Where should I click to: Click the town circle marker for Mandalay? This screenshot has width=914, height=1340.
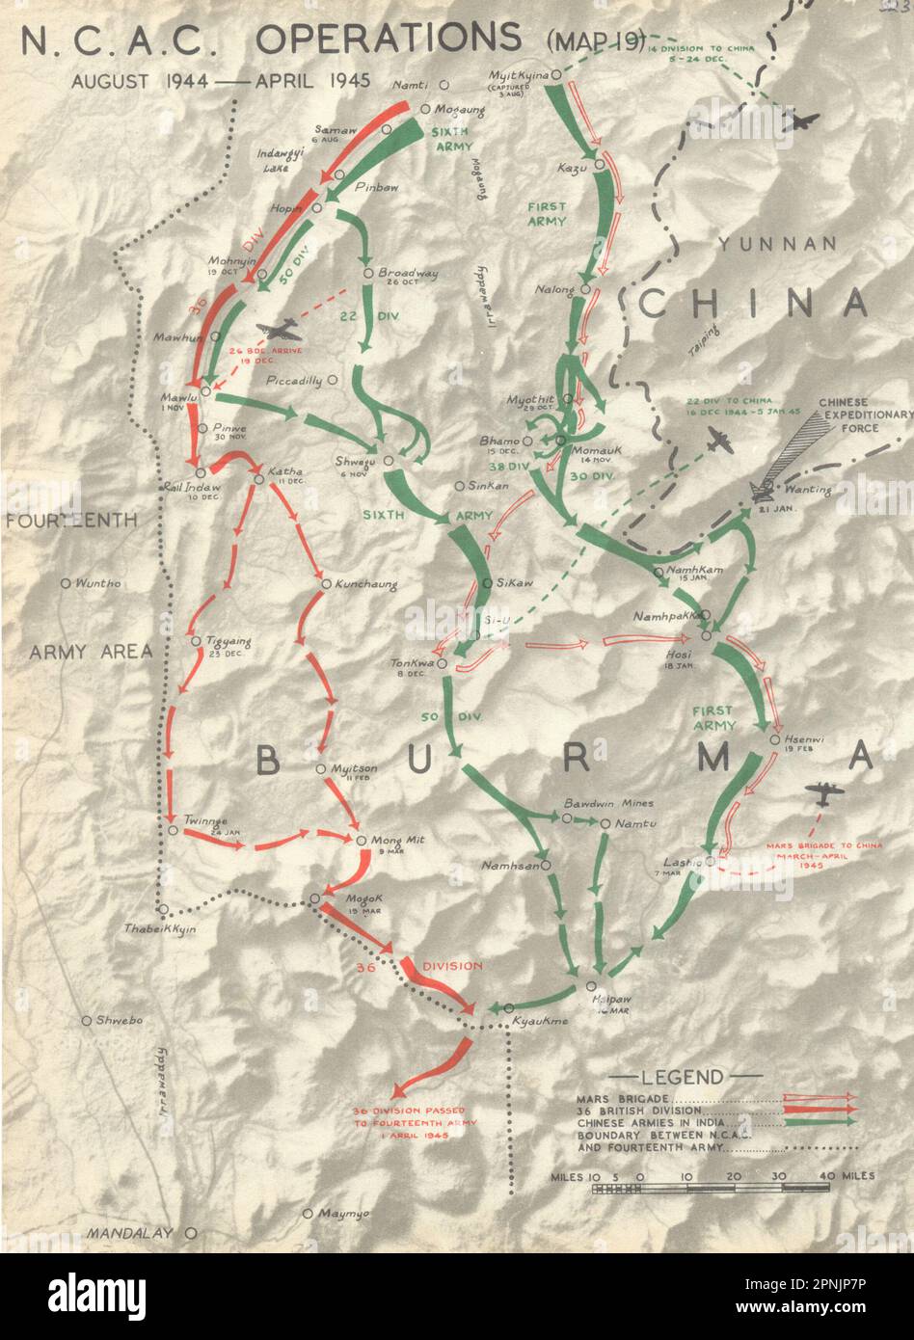click(x=191, y=1233)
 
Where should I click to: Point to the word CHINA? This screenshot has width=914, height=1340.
click(x=753, y=303)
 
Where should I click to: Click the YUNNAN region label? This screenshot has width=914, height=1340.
click(x=776, y=245)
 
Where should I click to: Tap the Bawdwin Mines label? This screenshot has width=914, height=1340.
click(x=608, y=803)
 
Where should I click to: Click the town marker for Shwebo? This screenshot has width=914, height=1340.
click(x=86, y=1020)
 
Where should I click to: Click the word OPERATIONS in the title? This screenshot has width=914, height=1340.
click(x=388, y=39)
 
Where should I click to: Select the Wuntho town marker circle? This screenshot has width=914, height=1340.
click(x=66, y=583)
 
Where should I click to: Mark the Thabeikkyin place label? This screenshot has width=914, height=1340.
click(x=159, y=929)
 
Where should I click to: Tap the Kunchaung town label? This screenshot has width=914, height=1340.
click(x=365, y=584)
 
